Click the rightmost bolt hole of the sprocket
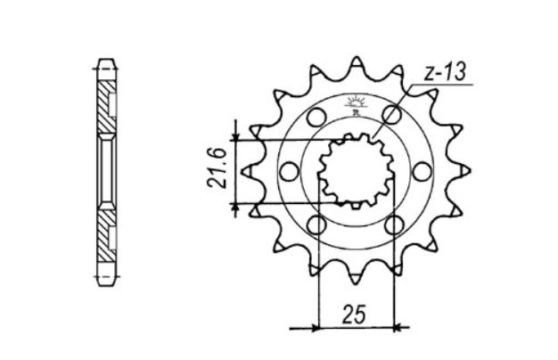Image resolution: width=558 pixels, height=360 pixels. [423, 170]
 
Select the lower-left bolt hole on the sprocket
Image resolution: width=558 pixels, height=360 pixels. [316, 225]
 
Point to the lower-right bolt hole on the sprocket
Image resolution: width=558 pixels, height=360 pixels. [393, 225]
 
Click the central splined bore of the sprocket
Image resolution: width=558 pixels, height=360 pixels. [356, 170]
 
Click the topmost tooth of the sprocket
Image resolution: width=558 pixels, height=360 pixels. [356, 64]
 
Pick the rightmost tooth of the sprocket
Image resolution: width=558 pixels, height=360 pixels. [459, 170]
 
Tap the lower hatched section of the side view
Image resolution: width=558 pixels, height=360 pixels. [107, 229]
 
